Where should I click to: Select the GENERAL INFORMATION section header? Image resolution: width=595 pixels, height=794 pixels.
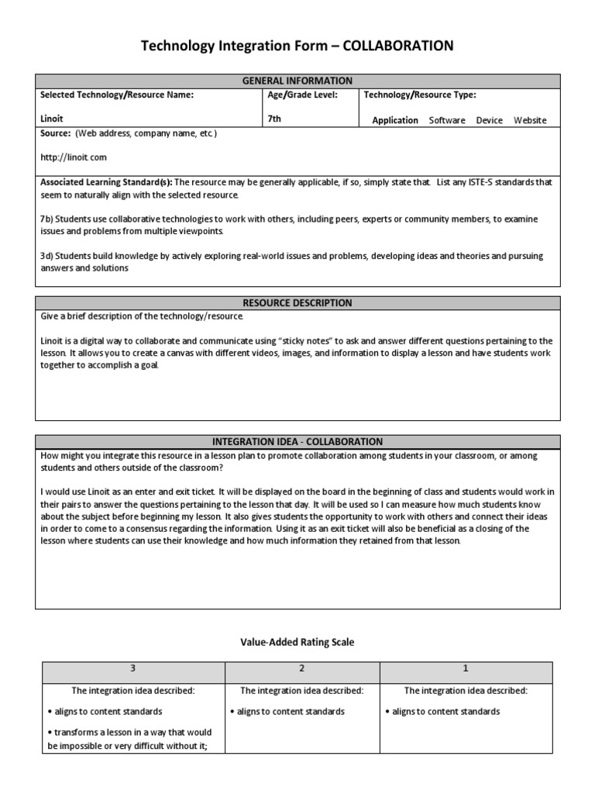297,81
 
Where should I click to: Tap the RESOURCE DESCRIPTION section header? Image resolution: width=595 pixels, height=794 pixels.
297,303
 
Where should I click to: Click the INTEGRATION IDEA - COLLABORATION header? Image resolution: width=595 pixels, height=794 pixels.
297,441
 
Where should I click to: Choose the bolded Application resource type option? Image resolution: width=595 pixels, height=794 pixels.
395,120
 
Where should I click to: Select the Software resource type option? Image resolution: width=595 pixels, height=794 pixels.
447,120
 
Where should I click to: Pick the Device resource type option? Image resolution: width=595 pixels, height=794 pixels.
489,120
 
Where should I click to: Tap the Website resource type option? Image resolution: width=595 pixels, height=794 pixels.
530,120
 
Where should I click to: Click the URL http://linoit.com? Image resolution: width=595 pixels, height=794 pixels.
74,157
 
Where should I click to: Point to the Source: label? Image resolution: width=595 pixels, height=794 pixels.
56,133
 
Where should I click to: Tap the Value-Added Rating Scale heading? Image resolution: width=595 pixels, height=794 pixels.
297,642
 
